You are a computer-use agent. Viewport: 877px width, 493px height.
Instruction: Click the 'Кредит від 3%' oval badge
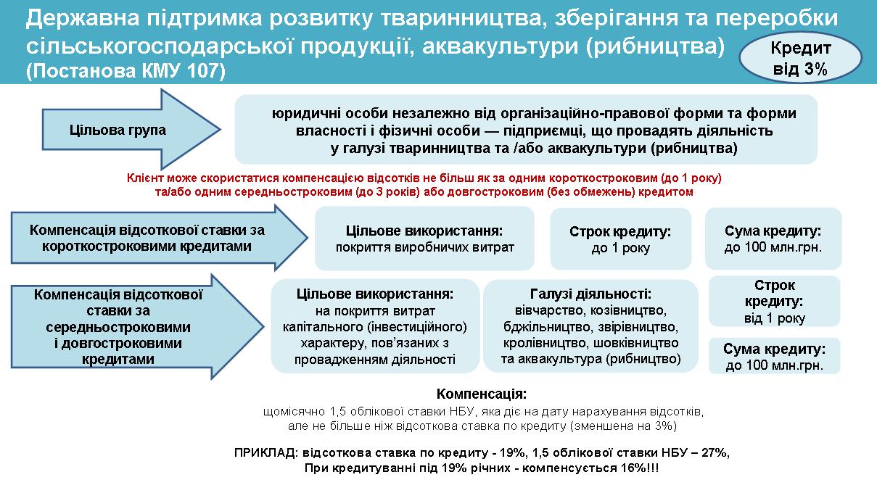pos(800,58)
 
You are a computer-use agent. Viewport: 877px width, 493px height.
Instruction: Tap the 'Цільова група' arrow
pos(131,130)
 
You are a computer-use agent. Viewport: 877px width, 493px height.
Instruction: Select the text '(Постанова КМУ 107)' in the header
pos(125,71)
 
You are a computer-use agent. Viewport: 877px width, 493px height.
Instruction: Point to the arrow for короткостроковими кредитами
pos(159,238)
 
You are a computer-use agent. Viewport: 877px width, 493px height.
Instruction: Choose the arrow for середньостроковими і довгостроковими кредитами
pos(137,327)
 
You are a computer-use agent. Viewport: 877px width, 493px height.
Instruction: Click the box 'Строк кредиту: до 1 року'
pos(620,239)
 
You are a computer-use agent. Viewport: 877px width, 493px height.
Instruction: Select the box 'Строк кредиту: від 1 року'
pos(775,302)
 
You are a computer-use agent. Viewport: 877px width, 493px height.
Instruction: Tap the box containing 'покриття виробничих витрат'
pos(424,239)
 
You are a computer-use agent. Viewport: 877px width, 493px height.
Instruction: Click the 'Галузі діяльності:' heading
pos(590,294)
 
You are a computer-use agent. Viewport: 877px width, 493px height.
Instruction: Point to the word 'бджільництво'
pos(545,327)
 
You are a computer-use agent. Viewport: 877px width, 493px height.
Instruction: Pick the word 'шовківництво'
pos(636,343)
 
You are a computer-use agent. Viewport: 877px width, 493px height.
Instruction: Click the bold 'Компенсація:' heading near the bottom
pos(482,394)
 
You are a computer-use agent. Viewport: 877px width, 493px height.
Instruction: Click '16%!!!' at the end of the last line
pos(640,468)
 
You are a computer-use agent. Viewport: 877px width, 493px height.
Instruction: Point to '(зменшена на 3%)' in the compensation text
pos(623,426)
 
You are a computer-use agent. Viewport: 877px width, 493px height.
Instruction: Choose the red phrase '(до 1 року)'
pos(691,178)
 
